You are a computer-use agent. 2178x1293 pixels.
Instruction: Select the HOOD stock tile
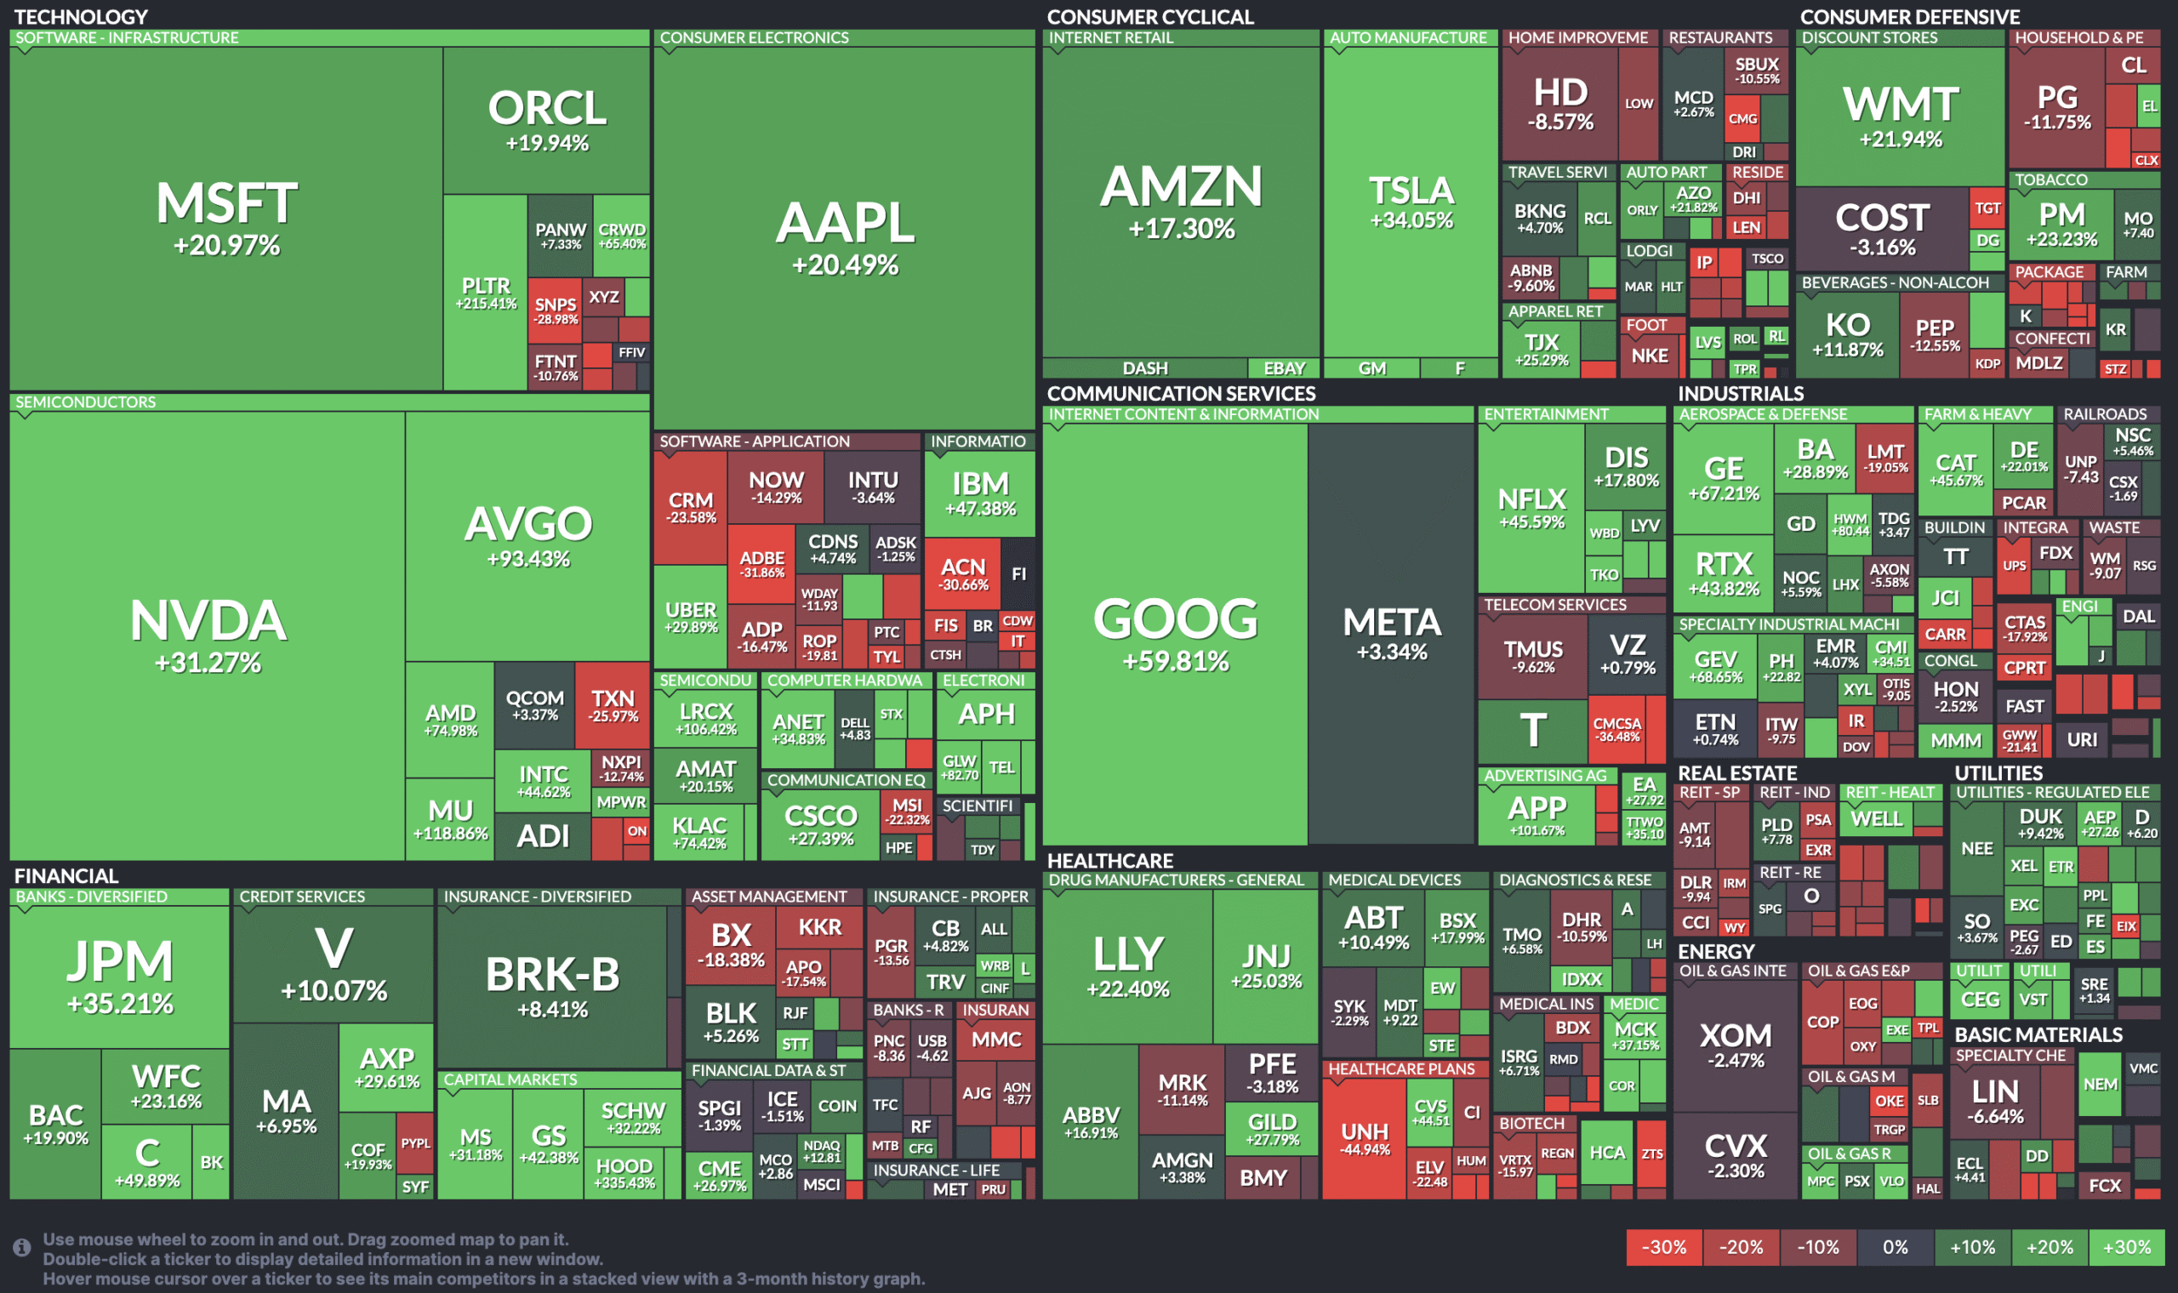tap(624, 1173)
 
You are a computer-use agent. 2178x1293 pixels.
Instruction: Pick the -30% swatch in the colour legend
tap(1663, 1247)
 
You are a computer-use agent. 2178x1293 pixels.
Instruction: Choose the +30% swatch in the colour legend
tap(2127, 1247)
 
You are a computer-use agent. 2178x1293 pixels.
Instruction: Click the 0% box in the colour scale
tap(1895, 1247)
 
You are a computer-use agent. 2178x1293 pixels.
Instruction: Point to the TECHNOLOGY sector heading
tap(81, 16)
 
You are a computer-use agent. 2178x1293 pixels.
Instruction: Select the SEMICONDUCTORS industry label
tap(85, 402)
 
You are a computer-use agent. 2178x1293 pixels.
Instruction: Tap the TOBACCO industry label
tap(2050, 179)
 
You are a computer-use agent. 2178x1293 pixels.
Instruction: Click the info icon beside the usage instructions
tap(22, 1248)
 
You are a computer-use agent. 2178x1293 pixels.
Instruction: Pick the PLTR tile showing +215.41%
tap(485, 293)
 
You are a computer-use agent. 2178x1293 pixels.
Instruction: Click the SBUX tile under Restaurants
tap(1756, 70)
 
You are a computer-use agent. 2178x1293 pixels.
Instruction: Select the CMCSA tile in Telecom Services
tap(1617, 729)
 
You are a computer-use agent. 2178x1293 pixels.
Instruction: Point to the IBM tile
tap(980, 493)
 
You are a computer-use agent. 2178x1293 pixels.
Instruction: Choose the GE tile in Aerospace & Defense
tap(1723, 478)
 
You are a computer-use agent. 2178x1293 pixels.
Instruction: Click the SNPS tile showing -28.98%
tap(555, 310)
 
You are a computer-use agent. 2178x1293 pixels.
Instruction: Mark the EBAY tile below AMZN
tap(1284, 367)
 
